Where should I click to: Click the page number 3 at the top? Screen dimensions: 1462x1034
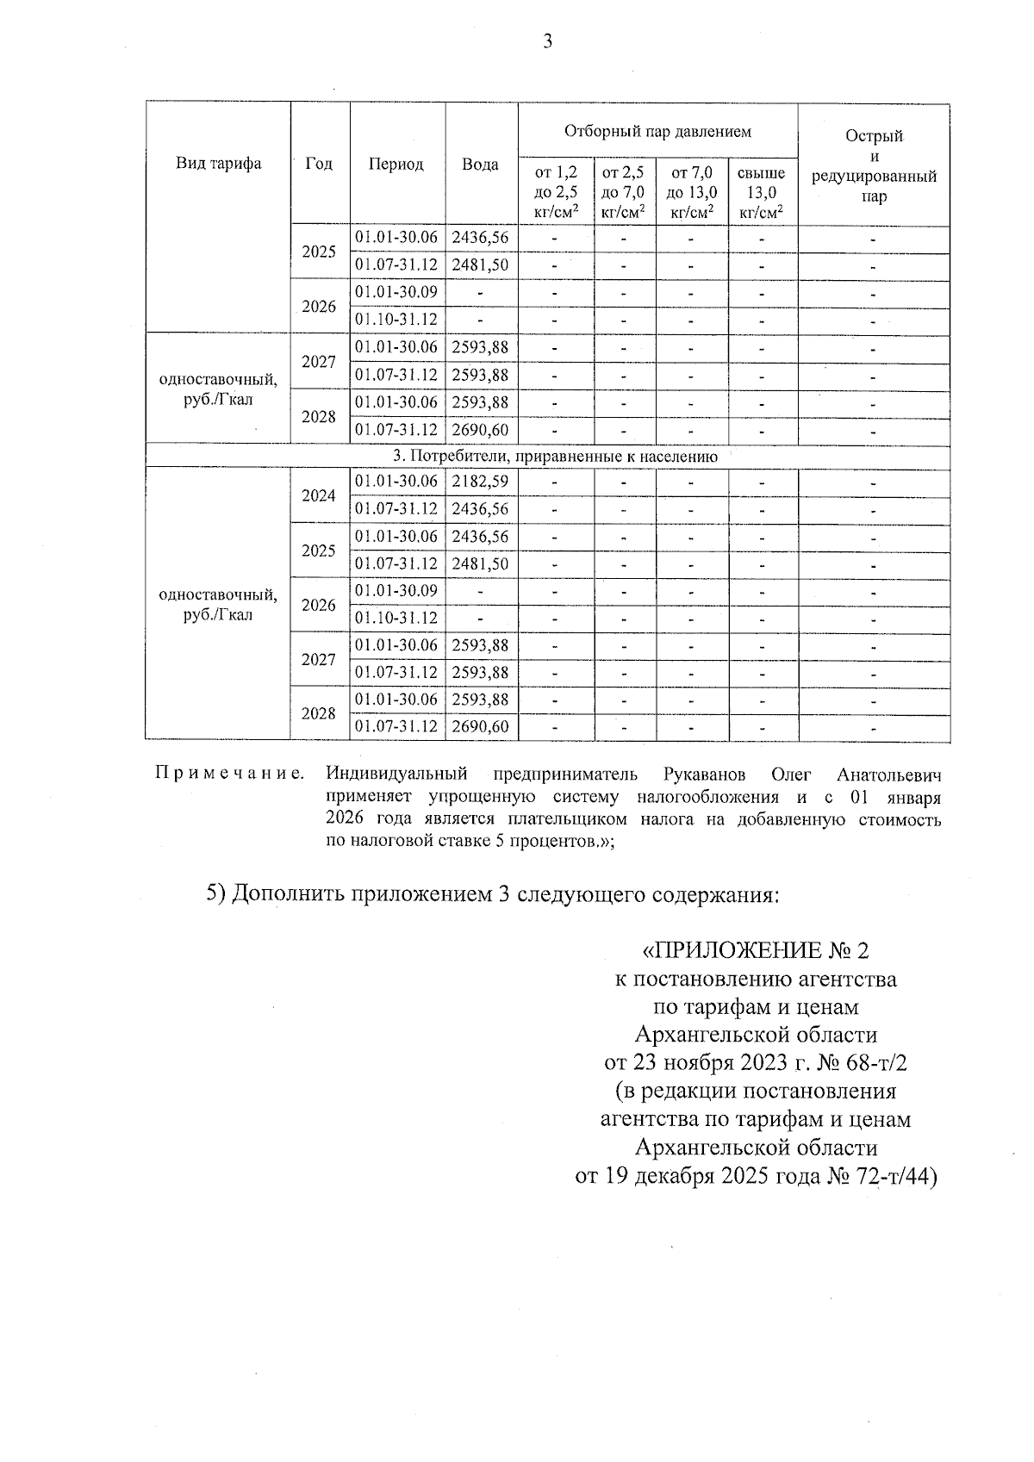pyautogui.click(x=547, y=41)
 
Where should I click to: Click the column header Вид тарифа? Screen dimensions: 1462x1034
pyautogui.click(x=218, y=164)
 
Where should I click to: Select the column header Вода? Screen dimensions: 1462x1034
pyautogui.click(x=480, y=165)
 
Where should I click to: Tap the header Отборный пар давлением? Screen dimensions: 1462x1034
pyautogui.click(x=657, y=132)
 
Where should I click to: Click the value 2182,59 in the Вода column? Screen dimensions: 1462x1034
pyautogui.click(x=480, y=482)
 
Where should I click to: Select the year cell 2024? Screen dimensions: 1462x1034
pyautogui.click(x=319, y=495)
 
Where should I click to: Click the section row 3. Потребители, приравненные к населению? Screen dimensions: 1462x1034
pyautogui.click(x=548, y=457)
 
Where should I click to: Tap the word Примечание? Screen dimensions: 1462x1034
pyautogui.click(x=229, y=773)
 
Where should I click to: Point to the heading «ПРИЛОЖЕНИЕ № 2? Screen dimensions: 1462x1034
pyautogui.click(x=756, y=950)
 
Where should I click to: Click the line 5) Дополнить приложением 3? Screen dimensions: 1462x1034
pyautogui.click(x=492, y=893)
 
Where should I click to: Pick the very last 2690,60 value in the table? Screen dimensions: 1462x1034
pyautogui.click(x=480, y=727)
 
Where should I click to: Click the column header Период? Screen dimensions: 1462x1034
pyautogui.click(x=396, y=165)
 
